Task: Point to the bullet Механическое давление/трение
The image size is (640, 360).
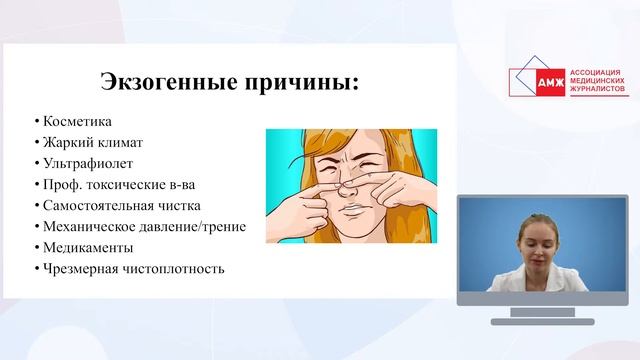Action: pos(140,226)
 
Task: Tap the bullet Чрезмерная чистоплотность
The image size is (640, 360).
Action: pos(129,268)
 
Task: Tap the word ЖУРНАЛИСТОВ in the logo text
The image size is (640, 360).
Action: pos(598,92)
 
